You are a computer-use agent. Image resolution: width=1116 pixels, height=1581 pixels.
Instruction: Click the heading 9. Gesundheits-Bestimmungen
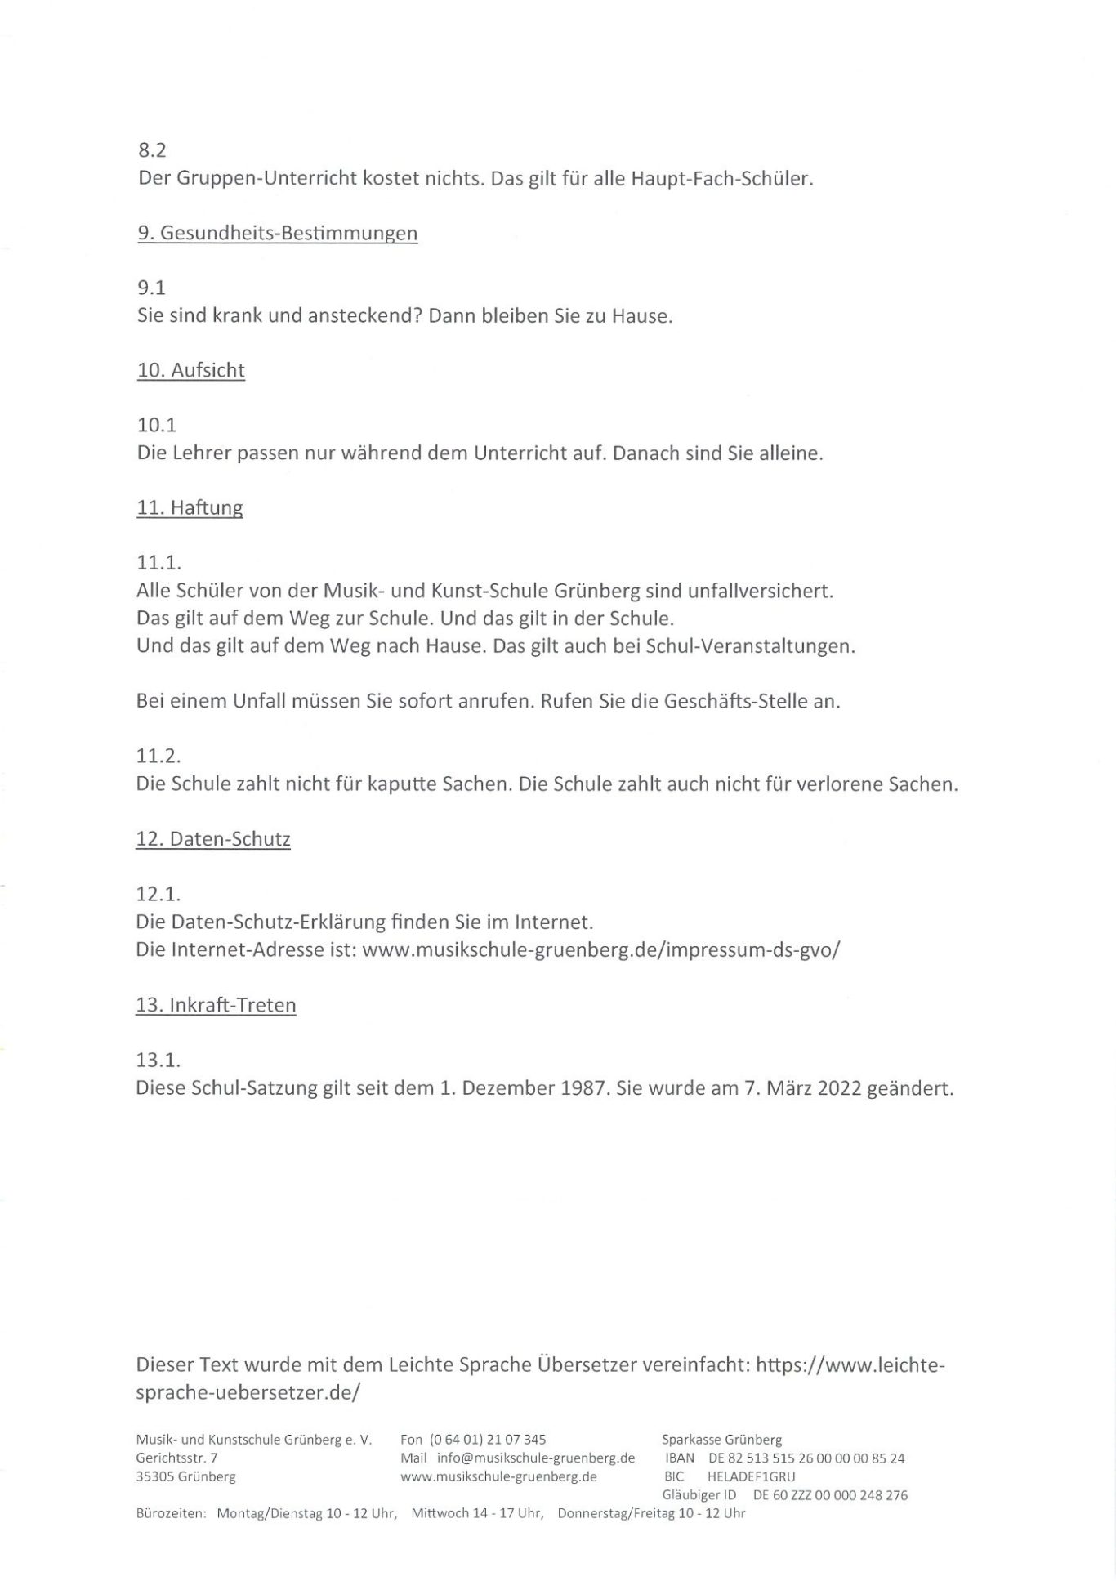(278, 234)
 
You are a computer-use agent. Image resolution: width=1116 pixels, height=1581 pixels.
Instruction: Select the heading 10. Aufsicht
(191, 371)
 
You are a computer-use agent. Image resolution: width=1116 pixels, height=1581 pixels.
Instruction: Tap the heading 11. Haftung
(190, 508)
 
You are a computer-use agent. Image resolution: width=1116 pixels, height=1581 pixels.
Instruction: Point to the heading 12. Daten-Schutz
(213, 840)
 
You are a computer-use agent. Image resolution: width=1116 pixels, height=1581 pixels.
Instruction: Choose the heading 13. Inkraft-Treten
(216, 1005)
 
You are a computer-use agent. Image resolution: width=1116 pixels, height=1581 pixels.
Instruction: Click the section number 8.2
(152, 151)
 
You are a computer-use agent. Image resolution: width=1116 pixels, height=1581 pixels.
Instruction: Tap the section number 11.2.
(158, 757)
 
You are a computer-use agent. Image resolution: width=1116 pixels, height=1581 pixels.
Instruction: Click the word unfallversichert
(761, 591)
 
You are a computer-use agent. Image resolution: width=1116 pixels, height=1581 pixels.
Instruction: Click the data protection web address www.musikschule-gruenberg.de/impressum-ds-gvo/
(600, 950)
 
